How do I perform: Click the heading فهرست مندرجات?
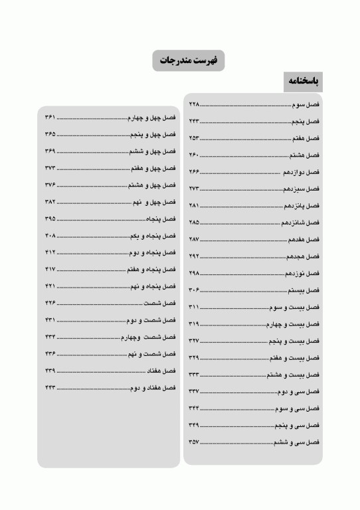click(x=188, y=60)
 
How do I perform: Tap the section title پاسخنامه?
click(x=303, y=82)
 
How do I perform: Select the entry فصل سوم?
click(x=306, y=105)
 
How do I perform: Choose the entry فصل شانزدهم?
click(x=302, y=222)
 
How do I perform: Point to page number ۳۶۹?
click(x=50, y=151)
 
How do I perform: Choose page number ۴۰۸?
click(x=50, y=235)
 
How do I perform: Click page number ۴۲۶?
click(x=50, y=303)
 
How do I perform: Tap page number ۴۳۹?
click(x=50, y=370)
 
